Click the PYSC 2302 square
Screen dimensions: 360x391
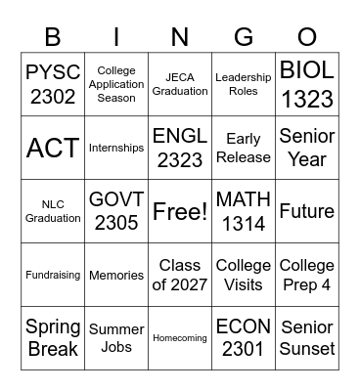(53, 84)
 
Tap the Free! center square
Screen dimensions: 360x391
(180, 211)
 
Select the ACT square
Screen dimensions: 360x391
(53, 148)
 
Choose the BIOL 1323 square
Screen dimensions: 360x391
(306, 84)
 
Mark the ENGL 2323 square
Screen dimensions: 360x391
(180, 148)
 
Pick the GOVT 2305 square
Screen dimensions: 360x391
(116, 211)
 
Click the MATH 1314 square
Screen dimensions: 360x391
(243, 211)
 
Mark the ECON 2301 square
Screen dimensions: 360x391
(243, 338)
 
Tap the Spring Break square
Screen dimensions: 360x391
(53, 338)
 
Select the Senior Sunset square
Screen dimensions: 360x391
(306, 338)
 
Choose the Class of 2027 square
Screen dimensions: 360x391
(180, 275)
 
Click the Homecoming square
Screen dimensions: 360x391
(180, 338)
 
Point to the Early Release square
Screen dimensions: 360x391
(243, 148)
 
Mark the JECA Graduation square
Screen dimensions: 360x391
(180, 84)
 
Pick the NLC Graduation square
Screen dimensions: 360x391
(53, 211)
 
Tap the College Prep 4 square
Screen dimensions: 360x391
(306, 275)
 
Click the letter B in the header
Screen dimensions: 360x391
(53, 38)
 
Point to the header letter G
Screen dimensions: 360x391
(243, 38)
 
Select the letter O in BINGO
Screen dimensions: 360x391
(306, 38)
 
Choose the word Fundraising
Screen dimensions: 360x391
(53, 276)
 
